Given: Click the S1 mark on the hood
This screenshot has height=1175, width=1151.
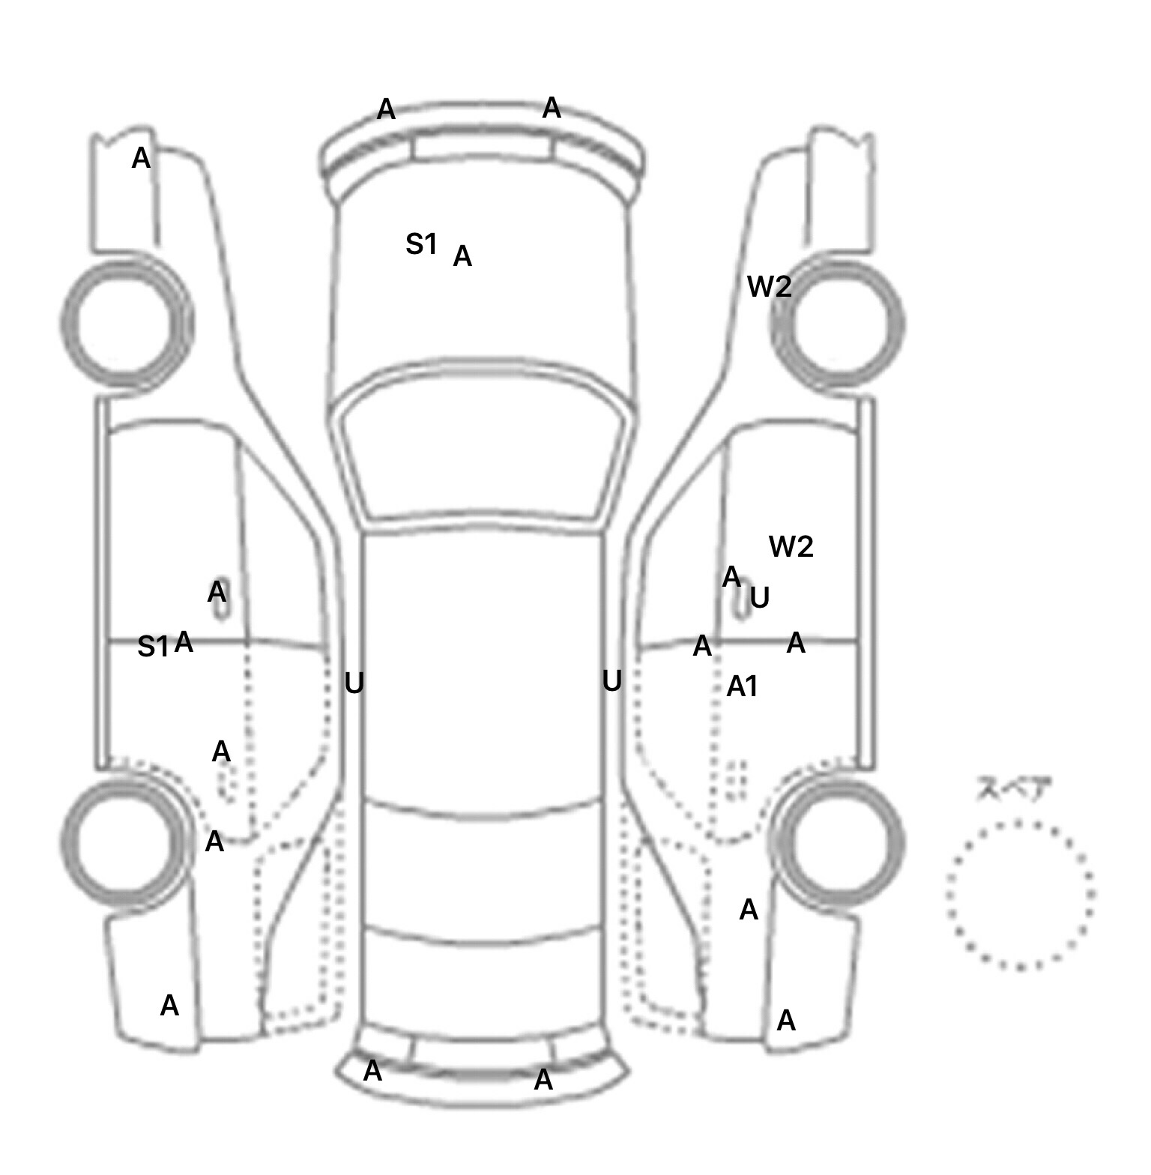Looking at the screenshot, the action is pyautogui.click(x=421, y=244).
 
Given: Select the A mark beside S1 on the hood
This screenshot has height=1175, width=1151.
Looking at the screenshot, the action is pyautogui.click(x=462, y=256).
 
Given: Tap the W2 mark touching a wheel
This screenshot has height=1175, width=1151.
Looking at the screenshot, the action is pyautogui.click(x=770, y=286).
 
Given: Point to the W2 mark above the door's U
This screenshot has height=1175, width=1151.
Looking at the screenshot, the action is pyautogui.click(x=791, y=546).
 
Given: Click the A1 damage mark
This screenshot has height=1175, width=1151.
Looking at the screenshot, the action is pyautogui.click(x=743, y=686).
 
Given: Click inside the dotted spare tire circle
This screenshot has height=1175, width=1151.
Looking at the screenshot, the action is pyautogui.click(x=1020, y=894).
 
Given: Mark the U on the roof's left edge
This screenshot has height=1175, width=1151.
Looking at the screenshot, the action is pyautogui.click(x=354, y=683).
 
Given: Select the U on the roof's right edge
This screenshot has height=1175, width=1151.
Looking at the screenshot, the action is pyautogui.click(x=611, y=680).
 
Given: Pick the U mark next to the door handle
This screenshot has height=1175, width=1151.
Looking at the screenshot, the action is pyautogui.click(x=760, y=597).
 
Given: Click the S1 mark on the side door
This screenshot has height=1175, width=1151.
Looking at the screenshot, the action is pyautogui.click(x=153, y=646).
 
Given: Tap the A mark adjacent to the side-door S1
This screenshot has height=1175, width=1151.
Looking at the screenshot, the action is pyautogui.click(x=184, y=641).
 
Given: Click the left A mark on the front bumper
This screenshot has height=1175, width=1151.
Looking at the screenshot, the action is pyautogui.click(x=386, y=109).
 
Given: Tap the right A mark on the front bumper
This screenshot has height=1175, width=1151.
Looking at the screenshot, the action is pyautogui.click(x=552, y=107).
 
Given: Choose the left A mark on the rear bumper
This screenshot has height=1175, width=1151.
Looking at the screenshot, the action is pyautogui.click(x=372, y=1071).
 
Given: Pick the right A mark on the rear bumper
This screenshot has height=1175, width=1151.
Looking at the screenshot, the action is pyautogui.click(x=543, y=1079).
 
